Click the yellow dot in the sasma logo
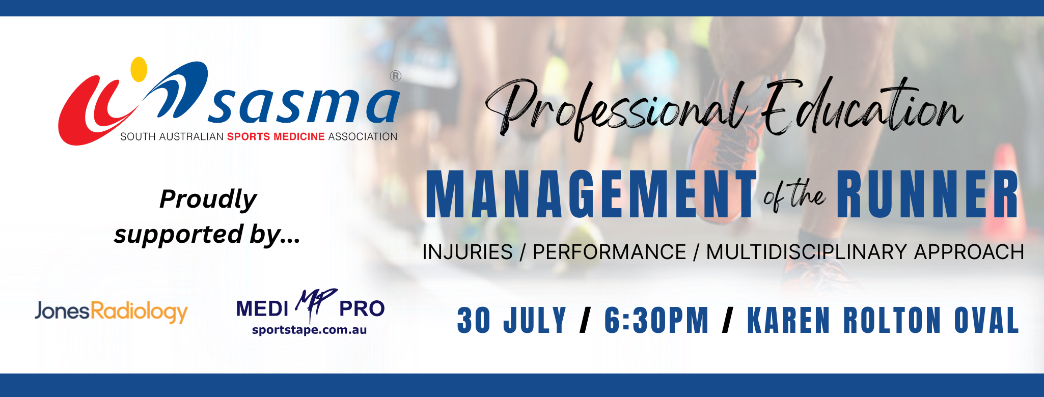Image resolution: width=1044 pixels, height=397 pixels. (x=139, y=69)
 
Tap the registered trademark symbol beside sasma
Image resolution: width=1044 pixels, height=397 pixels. (x=396, y=76)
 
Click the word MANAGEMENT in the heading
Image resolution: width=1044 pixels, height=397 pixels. (x=591, y=194)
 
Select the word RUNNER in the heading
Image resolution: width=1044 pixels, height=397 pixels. (x=927, y=194)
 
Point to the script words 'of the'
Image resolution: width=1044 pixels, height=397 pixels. (x=794, y=196)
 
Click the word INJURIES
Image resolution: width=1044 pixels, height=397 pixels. (x=468, y=252)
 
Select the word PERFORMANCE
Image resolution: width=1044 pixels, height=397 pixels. (x=610, y=252)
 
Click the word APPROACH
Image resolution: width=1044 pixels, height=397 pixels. (x=969, y=252)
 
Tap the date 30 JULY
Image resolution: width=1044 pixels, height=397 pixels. (x=512, y=320)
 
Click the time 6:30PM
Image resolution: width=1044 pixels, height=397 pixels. (x=656, y=320)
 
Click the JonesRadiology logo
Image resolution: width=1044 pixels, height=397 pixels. (x=111, y=311)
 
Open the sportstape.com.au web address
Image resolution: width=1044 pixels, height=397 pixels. (x=309, y=330)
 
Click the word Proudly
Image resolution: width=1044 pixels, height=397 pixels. (x=208, y=199)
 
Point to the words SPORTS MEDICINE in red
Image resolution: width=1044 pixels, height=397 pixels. (x=276, y=136)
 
